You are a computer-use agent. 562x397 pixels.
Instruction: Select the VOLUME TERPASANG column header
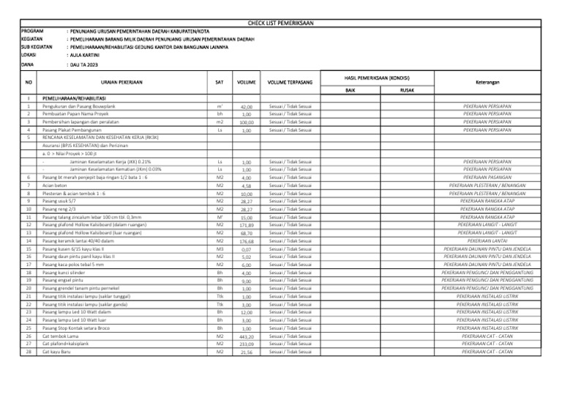(290, 83)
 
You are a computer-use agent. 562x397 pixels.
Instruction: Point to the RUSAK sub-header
(407, 89)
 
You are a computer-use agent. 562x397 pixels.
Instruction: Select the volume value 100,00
(247, 123)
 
